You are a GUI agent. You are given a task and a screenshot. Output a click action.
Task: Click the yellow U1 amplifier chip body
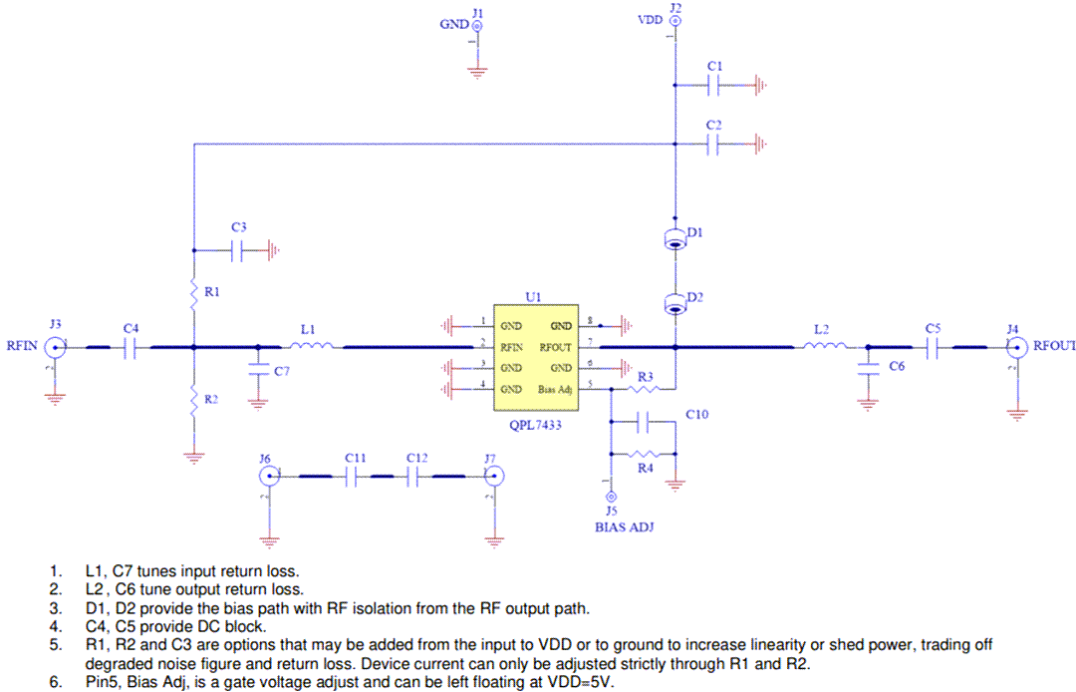535,358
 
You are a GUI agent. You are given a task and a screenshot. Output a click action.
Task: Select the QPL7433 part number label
535,424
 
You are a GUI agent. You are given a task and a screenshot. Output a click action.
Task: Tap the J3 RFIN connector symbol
55,347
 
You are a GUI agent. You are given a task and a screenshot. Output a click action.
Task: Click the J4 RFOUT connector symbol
1015,347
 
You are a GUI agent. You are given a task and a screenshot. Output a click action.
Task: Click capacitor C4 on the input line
131,347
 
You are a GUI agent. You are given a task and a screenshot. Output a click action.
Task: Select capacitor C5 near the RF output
933,347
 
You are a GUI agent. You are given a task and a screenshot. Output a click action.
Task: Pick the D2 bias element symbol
674,303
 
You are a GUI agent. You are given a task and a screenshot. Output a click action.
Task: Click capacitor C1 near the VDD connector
713,85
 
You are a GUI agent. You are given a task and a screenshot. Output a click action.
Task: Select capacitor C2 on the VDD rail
713,145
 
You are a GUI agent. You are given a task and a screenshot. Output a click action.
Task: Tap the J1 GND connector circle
477,24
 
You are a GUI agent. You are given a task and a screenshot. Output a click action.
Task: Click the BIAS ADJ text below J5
624,527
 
